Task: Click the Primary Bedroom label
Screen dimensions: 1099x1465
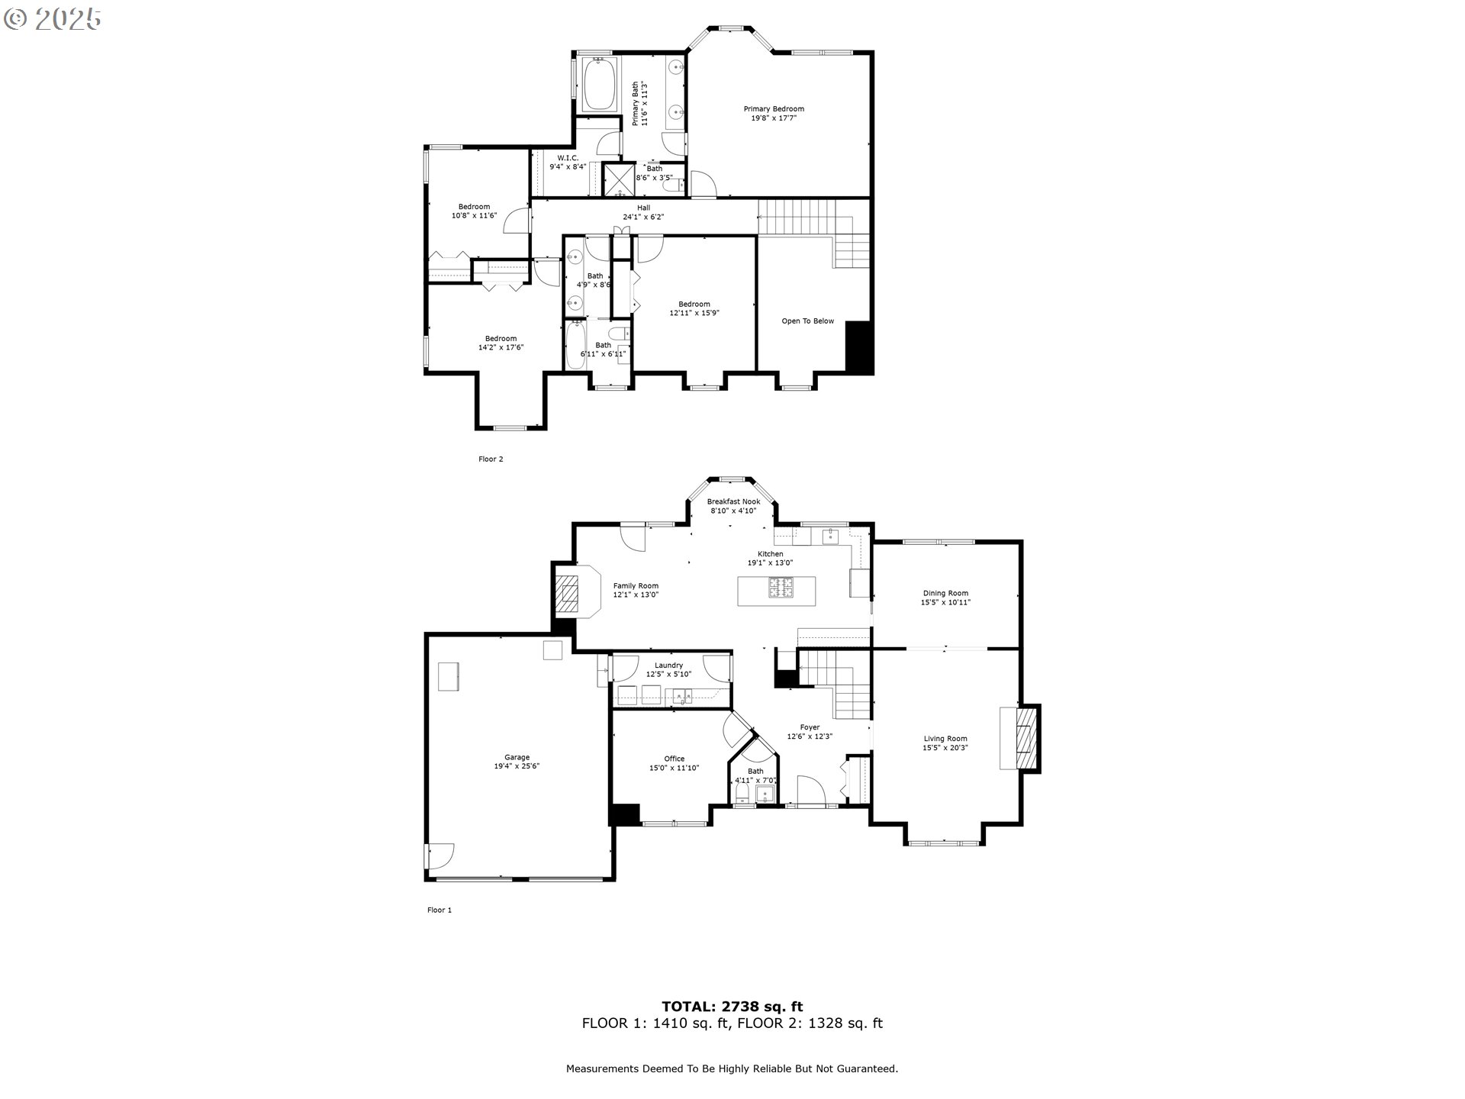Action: pyautogui.click(x=774, y=109)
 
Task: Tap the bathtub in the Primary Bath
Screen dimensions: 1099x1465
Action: pyautogui.click(x=599, y=84)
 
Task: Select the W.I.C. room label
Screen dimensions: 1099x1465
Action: pyautogui.click(x=568, y=157)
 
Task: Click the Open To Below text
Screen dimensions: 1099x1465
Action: pyautogui.click(x=807, y=321)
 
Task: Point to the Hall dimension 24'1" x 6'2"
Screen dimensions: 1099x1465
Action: pyautogui.click(x=643, y=217)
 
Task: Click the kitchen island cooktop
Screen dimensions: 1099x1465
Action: pyautogui.click(x=781, y=588)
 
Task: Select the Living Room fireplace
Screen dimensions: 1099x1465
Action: pyautogui.click(x=1027, y=738)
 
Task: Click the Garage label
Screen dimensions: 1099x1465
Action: pyautogui.click(x=517, y=758)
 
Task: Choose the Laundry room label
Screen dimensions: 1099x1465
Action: pyautogui.click(x=668, y=666)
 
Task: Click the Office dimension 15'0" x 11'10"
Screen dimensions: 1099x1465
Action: pyautogui.click(x=674, y=769)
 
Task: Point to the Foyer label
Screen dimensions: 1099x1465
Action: pyautogui.click(x=810, y=727)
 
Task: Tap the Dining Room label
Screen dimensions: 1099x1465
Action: pyautogui.click(x=945, y=593)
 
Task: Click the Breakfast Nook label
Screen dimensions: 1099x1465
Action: pyautogui.click(x=733, y=501)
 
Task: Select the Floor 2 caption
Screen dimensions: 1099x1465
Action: pyautogui.click(x=491, y=459)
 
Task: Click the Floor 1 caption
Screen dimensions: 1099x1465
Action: pyautogui.click(x=439, y=910)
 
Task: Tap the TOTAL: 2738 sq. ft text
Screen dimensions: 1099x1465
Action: pyautogui.click(x=732, y=1007)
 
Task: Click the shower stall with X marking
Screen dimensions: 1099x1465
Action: pyautogui.click(x=619, y=180)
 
